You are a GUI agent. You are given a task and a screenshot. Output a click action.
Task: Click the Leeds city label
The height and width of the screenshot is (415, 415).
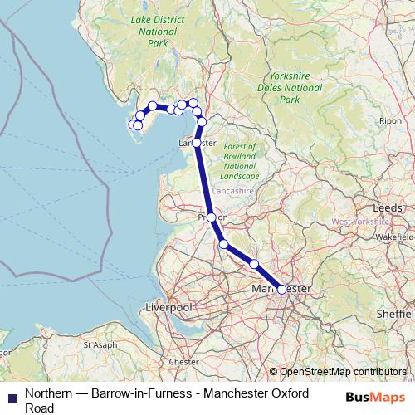[388, 207]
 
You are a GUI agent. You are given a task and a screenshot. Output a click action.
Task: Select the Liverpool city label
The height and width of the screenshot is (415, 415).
[168, 307]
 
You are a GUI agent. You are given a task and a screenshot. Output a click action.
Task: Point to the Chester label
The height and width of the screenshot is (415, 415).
[183, 362]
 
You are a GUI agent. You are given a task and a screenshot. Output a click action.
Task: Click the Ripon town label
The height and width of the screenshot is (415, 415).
[390, 120]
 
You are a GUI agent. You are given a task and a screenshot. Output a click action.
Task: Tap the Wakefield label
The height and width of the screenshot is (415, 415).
[395, 237]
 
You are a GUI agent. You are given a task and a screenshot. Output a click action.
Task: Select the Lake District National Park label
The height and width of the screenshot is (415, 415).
[154, 32]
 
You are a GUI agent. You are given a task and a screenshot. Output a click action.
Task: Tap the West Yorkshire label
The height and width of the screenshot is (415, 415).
[359, 222]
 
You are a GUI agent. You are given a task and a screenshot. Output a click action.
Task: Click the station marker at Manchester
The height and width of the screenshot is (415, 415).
[282, 289]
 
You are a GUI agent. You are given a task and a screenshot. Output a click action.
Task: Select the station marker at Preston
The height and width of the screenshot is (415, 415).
[211, 217]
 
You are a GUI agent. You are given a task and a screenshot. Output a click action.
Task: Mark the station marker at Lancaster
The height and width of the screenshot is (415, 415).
[196, 143]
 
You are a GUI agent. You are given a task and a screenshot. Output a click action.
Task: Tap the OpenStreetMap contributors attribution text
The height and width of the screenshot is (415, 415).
[343, 372]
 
